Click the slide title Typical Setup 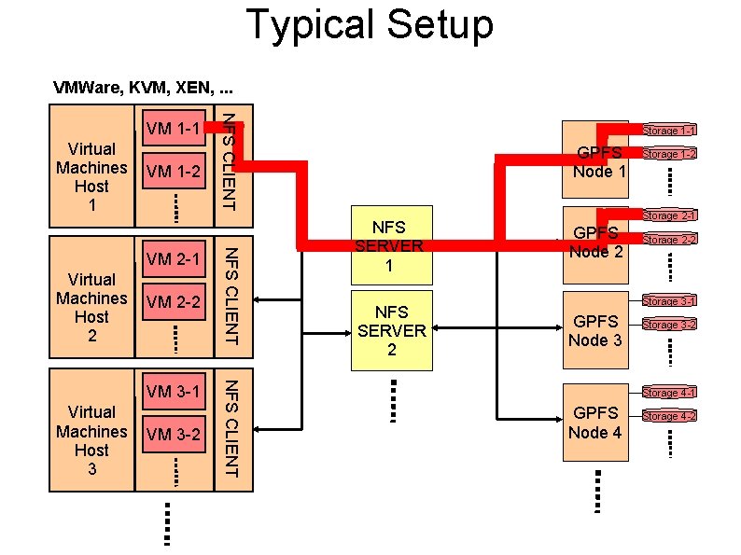370,25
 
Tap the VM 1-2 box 173,172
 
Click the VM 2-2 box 173,301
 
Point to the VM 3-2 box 173,435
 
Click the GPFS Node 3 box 596,330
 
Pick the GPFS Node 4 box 596,422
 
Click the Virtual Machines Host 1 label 91,176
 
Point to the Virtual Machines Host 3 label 91,439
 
